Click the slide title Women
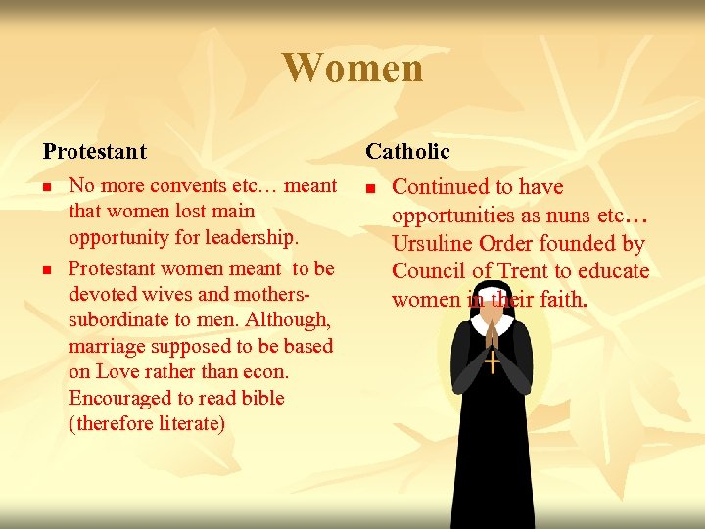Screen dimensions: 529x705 coord(352,68)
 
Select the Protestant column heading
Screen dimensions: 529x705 coord(94,152)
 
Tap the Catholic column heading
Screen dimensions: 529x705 coord(407,152)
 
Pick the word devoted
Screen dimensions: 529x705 coord(99,294)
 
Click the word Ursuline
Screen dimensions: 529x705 coord(435,243)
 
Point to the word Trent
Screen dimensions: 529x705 coord(525,271)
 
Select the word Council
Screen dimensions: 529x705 coord(427,271)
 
